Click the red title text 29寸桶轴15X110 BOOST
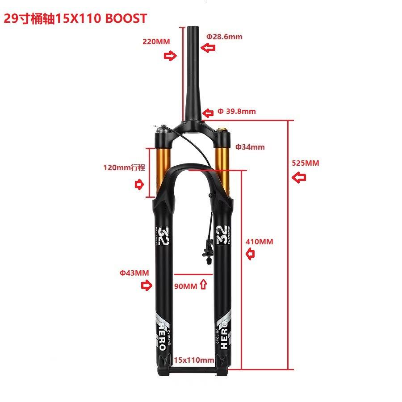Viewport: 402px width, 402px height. pyautogui.click(x=75, y=18)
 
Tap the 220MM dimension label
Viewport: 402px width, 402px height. pyautogui.click(x=156, y=42)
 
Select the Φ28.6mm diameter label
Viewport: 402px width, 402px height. pyautogui.click(x=224, y=37)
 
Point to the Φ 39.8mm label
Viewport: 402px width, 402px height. pyautogui.click(x=237, y=111)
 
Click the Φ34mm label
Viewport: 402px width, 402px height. pyautogui.click(x=250, y=147)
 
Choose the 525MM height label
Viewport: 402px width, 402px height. pyautogui.click(x=306, y=163)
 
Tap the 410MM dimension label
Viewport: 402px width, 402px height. pyautogui.click(x=260, y=242)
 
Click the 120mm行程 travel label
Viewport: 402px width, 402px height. pyautogui.click(x=124, y=167)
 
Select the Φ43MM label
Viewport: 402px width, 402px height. pyautogui.click(x=134, y=272)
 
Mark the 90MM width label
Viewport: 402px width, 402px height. pyautogui.click(x=185, y=286)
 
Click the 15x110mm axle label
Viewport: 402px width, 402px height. pyautogui.click(x=194, y=360)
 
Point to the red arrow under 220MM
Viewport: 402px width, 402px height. pyautogui.click(x=170, y=56)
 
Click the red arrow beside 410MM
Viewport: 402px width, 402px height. pyautogui.click(x=251, y=255)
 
